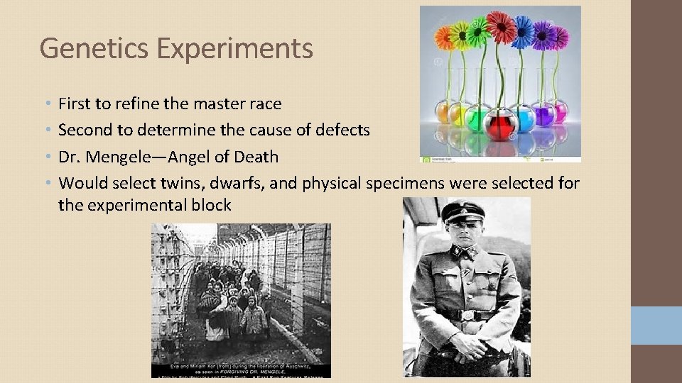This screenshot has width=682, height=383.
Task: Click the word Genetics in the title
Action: point(95,48)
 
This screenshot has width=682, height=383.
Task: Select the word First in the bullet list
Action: point(75,104)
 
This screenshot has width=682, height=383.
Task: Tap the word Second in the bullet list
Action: point(85,130)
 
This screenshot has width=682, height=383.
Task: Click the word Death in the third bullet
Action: point(256,157)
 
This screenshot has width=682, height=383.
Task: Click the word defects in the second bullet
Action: point(343,130)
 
